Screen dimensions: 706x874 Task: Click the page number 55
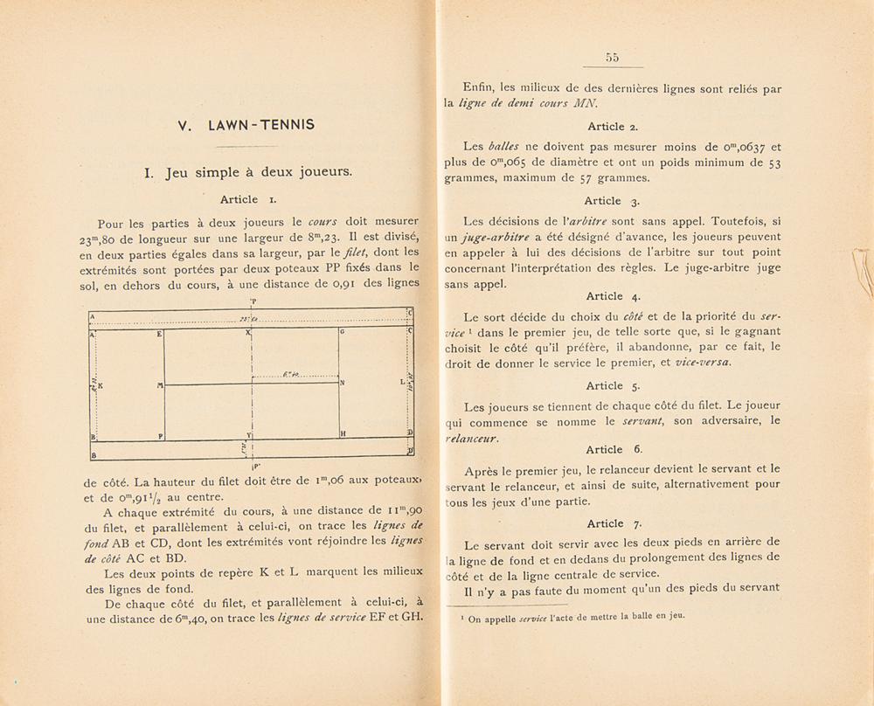pos(611,58)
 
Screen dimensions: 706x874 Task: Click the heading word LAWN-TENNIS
pos(262,125)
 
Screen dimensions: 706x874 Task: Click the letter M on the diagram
pos(160,384)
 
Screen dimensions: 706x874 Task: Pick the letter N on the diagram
pos(342,384)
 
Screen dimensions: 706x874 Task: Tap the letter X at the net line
pos(249,334)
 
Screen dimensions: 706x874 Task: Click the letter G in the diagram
pos(342,334)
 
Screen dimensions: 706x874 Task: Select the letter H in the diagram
pos(343,434)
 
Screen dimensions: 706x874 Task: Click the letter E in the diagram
pos(159,334)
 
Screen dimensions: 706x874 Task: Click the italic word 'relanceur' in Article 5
pos(472,438)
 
